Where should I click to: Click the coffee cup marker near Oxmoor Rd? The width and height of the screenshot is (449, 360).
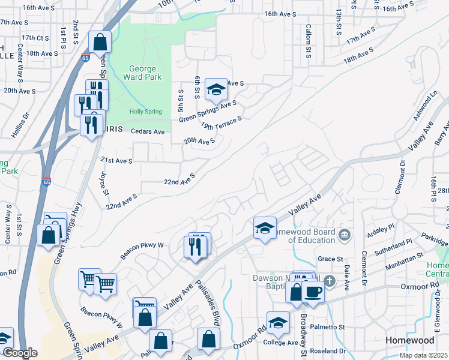pyautogui.click(x=313, y=292)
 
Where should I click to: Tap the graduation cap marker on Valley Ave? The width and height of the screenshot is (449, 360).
pyautogui.click(x=265, y=228)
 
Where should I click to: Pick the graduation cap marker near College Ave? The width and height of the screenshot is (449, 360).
pyautogui.click(x=278, y=323)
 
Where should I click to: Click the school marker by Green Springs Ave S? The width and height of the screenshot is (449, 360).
pyautogui.click(x=216, y=90)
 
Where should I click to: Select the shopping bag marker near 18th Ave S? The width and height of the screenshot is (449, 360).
pyautogui.click(x=100, y=43)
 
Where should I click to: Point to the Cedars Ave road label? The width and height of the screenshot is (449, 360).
pyautogui.click(x=149, y=132)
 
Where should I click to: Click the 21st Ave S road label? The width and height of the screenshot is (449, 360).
pyautogui.click(x=116, y=161)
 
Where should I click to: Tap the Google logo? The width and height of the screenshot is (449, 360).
pyautogui.click(x=19, y=353)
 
